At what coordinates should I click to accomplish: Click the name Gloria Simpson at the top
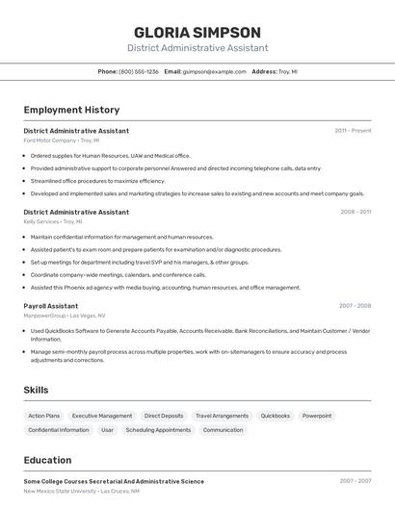[x=197, y=32]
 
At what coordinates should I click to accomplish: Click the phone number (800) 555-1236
[x=139, y=71]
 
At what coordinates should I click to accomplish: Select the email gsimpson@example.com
[x=215, y=71]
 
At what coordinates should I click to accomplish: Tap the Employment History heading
[x=71, y=110]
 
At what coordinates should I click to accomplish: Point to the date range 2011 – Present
[x=353, y=130]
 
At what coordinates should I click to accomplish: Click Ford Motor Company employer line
[x=62, y=140]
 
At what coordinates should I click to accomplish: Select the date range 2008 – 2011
[x=355, y=212]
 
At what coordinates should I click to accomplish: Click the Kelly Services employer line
[x=53, y=221]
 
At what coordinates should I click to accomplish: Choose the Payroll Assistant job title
[x=51, y=306]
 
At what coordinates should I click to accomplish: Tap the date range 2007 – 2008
[x=355, y=306]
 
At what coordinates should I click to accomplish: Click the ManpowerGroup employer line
[x=65, y=316]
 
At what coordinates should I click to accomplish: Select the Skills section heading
[x=37, y=390]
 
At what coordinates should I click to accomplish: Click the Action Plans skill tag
[x=44, y=416]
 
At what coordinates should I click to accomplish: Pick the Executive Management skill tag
[x=102, y=416]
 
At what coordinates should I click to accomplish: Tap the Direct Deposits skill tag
[x=164, y=416]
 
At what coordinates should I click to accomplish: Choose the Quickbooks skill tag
[x=275, y=416]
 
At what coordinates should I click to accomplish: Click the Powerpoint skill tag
[x=316, y=416]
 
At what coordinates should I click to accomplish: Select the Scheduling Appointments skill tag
[x=158, y=430]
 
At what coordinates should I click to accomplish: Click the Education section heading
[x=47, y=461]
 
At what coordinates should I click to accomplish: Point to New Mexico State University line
[x=82, y=491]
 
